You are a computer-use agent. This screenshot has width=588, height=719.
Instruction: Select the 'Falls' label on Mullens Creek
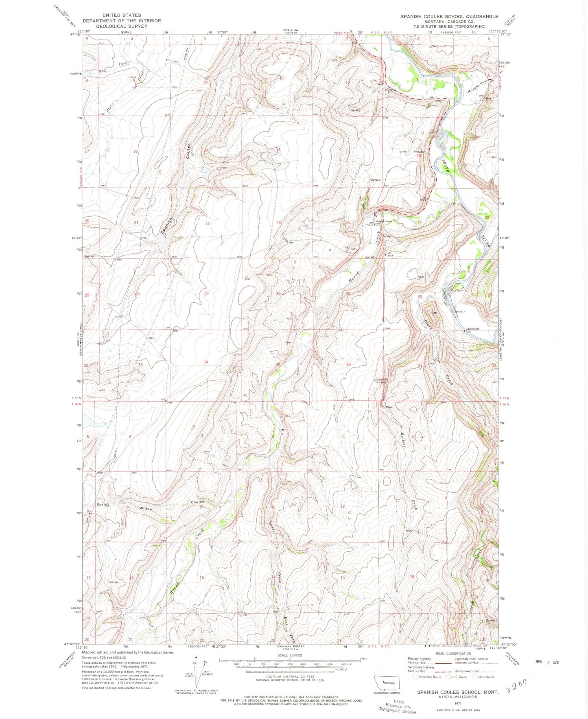[389, 407]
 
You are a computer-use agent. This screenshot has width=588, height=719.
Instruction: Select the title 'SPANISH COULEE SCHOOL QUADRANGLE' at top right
[449, 16]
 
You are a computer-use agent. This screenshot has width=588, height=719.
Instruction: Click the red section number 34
[206, 362]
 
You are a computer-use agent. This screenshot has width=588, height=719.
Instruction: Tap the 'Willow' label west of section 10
[146, 509]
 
